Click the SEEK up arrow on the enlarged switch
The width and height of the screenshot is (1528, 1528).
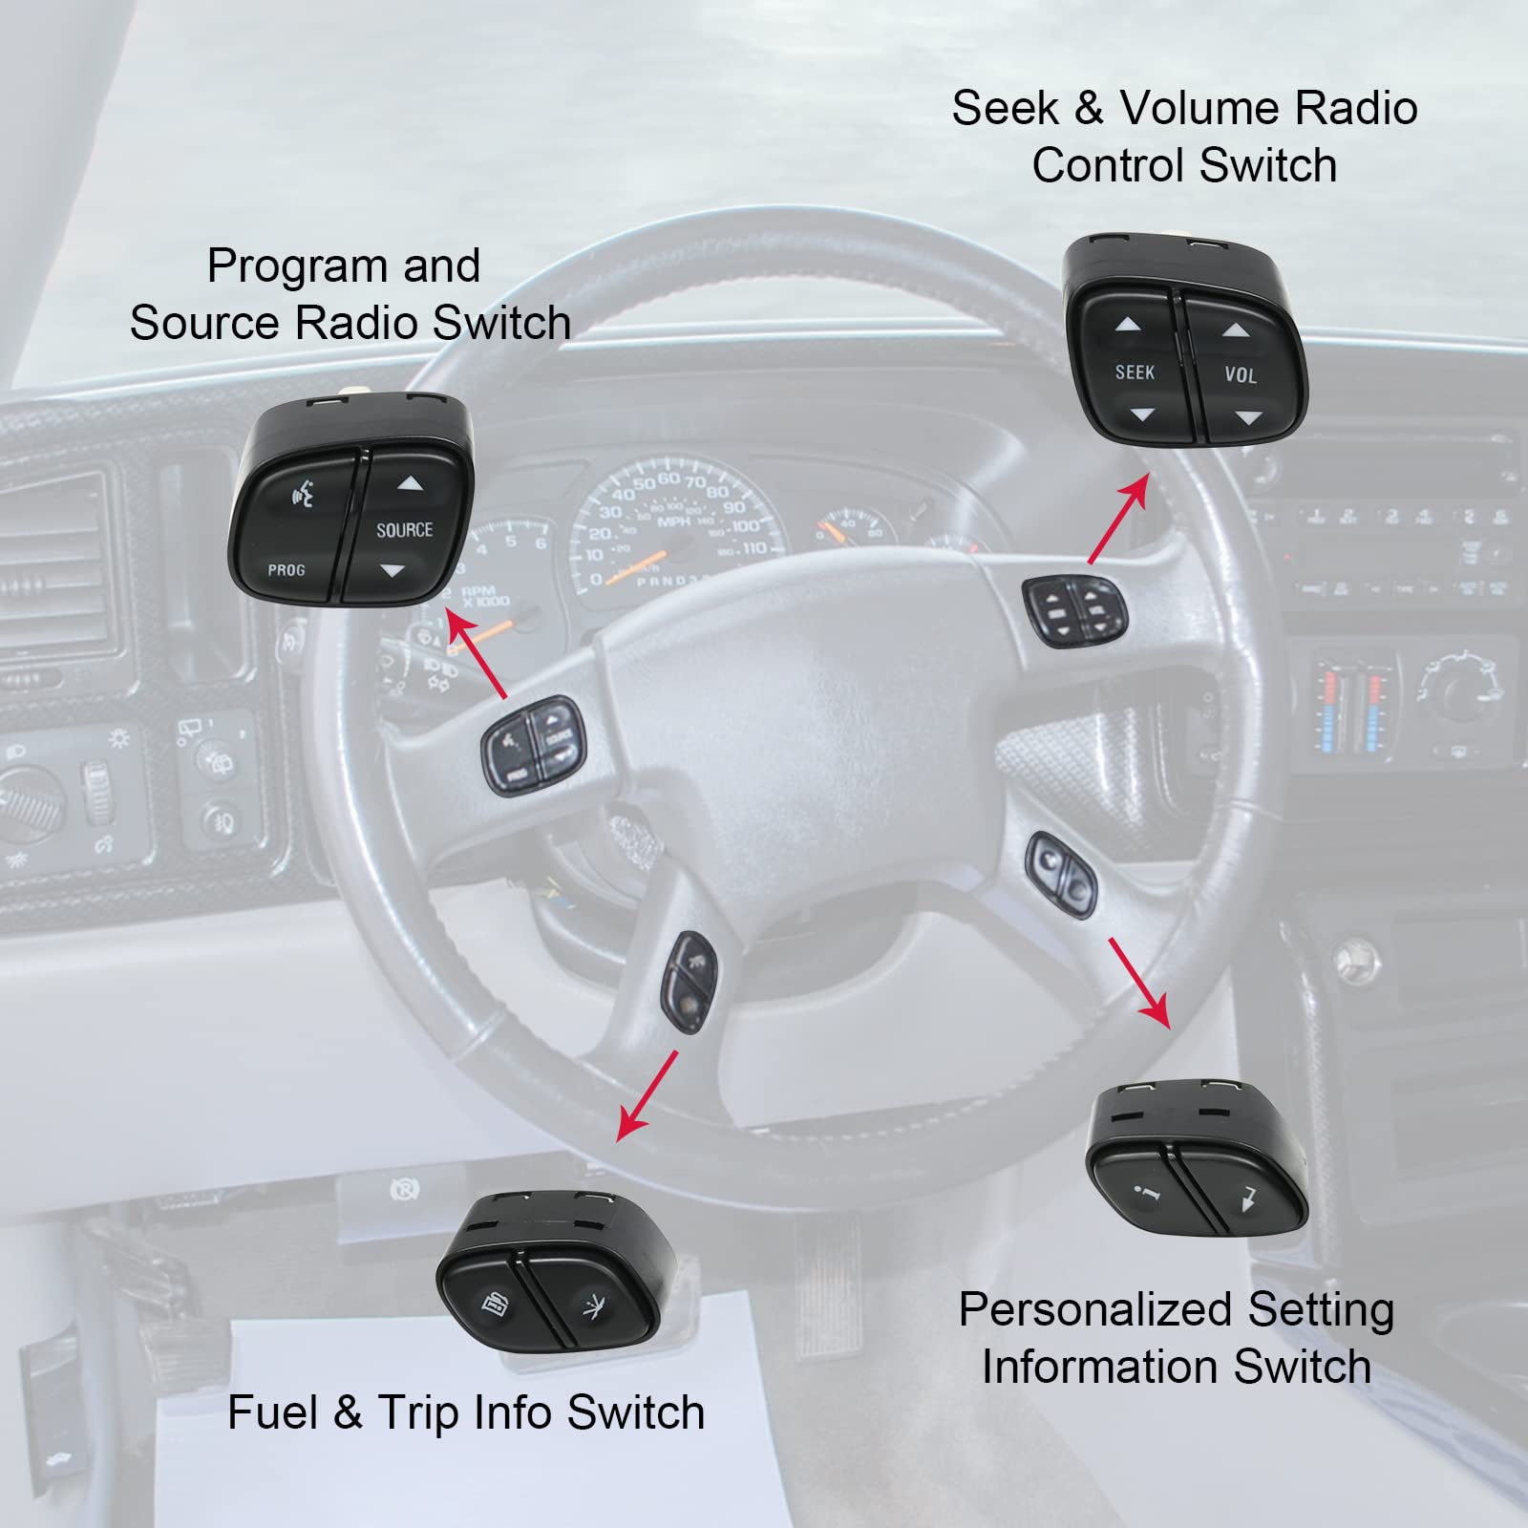pos(1128,325)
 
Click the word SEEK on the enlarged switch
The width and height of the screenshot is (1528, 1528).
pos(1135,371)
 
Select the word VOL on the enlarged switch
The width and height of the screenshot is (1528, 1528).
pos(1241,375)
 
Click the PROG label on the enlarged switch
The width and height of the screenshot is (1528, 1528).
pos(286,570)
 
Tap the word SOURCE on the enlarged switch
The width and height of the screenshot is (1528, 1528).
pos(404,530)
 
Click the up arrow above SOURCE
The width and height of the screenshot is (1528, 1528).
pos(410,484)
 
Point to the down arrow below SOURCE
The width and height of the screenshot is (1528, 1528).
pos(392,572)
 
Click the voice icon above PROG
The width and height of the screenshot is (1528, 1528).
pos(303,497)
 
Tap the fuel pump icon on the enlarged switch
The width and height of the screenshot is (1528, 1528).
pos(495,1302)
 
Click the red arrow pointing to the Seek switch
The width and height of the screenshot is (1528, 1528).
pos(1118,520)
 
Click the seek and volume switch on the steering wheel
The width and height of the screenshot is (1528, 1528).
pos(1074,610)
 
